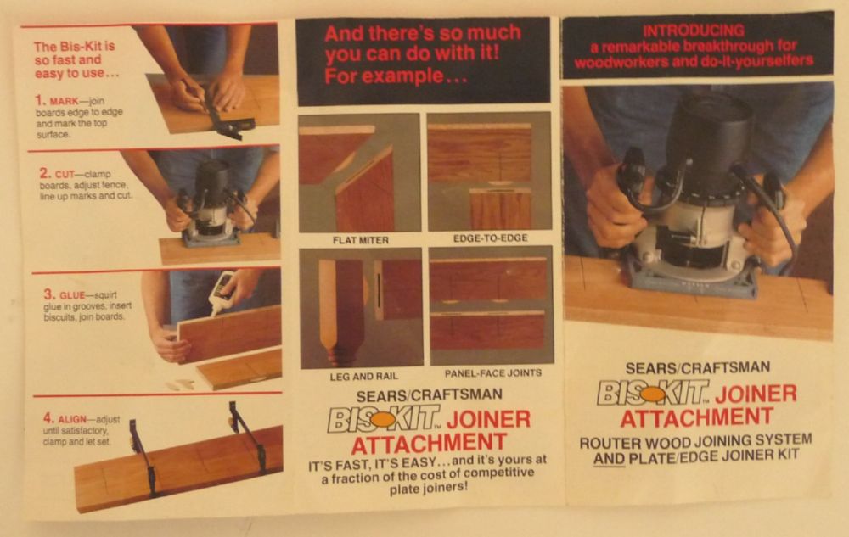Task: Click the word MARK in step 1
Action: (x=64, y=101)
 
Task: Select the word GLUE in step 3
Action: (x=72, y=295)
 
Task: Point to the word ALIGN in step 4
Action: (x=72, y=419)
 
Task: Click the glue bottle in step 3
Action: (x=222, y=293)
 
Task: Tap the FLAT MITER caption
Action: (x=361, y=240)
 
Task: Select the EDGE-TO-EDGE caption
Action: (x=490, y=238)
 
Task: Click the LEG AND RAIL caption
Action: (x=363, y=377)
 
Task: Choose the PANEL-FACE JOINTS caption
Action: (x=493, y=373)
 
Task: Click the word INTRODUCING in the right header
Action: (x=693, y=31)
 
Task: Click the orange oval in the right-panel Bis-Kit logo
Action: (x=653, y=394)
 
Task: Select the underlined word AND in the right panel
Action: (x=609, y=459)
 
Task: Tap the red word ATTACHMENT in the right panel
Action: (x=697, y=417)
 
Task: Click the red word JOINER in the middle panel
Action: (x=488, y=420)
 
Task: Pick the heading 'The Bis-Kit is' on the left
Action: (x=74, y=47)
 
